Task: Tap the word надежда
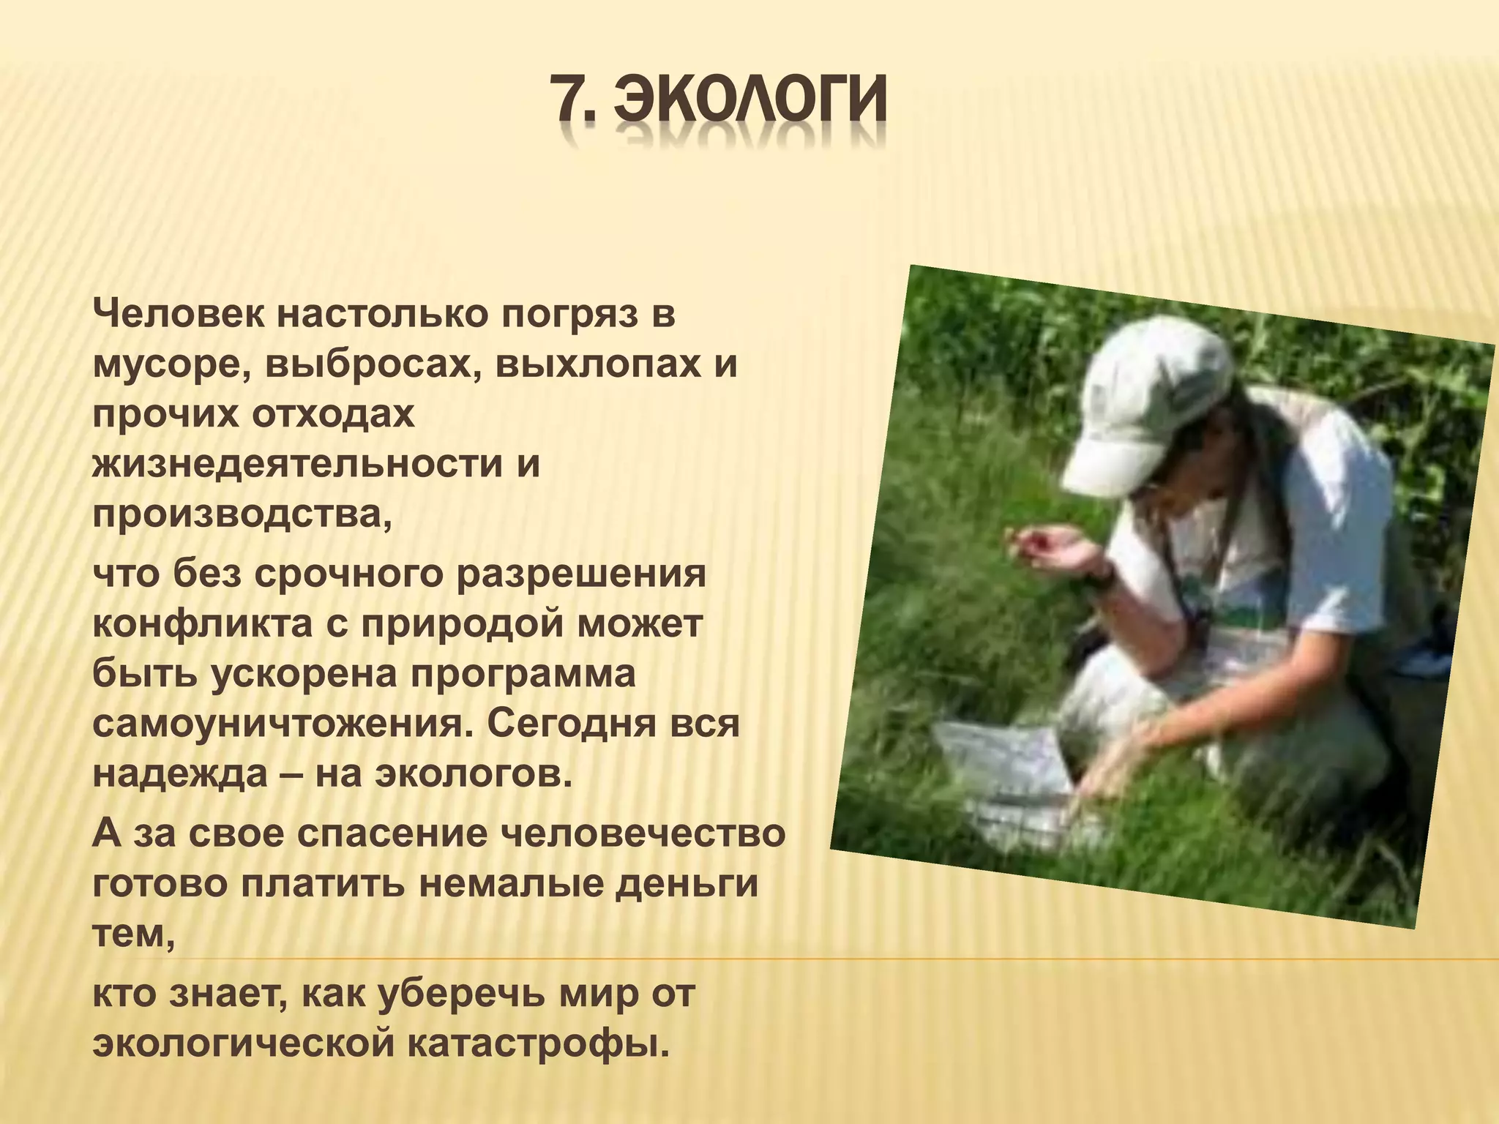(x=180, y=773)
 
